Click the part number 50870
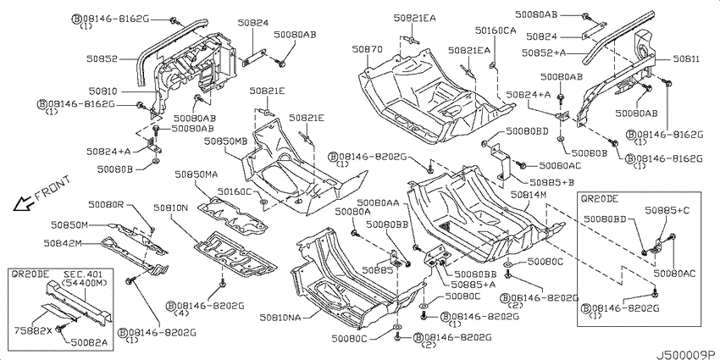(367, 48)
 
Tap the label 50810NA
(280, 318)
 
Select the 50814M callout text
(528, 195)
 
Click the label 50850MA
(196, 174)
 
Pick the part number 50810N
(171, 207)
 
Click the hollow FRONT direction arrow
(22, 203)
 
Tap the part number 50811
(686, 59)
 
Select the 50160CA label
(495, 30)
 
